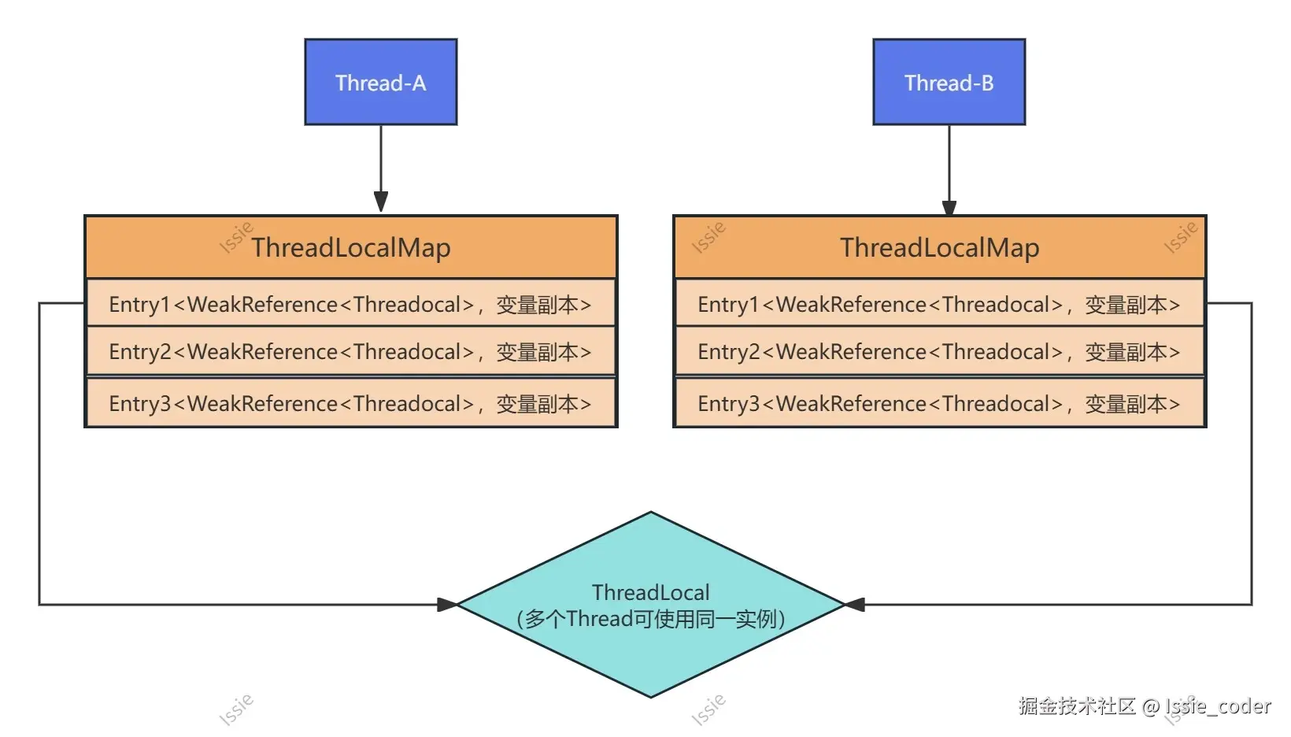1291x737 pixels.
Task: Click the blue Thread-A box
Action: [x=381, y=82]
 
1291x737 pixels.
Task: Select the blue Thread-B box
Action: [x=949, y=82]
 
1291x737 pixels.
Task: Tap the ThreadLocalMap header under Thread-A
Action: [x=351, y=247]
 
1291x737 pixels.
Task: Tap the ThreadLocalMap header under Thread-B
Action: [x=939, y=247]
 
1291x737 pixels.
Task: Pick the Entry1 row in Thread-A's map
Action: [x=351, y=303]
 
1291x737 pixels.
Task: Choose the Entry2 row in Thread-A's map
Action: [x=351, y=351]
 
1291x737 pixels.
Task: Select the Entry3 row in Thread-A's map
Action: [x=351, y=402]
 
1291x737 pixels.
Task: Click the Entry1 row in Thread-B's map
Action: [x=939, y=303]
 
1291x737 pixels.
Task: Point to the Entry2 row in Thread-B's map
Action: [x=939, y=351]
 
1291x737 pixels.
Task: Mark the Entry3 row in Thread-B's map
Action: [x=939, y=402]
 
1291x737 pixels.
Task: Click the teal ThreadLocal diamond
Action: [x=651, y=605]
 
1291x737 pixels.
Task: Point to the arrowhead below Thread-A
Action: [x=381, y=202]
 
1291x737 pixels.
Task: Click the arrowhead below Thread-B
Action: [x=949, y=208]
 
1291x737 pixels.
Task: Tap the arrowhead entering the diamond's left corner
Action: [x=447, y=605]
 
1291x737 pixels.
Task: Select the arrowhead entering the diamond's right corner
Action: [x=855, y=605]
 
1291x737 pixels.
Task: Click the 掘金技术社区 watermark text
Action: [x=1077, y=706]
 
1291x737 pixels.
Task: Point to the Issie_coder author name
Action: [x=1218, y=706]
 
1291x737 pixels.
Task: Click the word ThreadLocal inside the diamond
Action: [x=651, y=592]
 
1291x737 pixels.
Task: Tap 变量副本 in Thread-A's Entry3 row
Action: [x=537, y=404]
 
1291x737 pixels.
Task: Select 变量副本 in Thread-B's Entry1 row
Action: [x=1126, y=305]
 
